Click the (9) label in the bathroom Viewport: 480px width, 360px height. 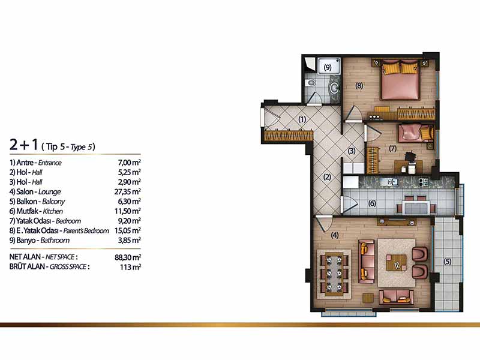[x=328, y=67]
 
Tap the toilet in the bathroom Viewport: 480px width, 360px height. [x=311, y=83]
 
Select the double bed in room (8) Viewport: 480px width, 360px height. [x=400, y=80]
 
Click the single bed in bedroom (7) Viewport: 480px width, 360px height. [x=416, y=133]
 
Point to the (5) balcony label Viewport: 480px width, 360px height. [x=448, y=262]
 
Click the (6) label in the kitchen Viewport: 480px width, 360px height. [x=372, y=203]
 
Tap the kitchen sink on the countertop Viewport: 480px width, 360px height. [x=389, y=182]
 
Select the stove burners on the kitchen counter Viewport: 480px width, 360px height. [x=424, y=182]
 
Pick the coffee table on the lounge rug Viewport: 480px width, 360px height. [x=396, y=262]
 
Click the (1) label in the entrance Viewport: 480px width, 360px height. [x=302, y=119]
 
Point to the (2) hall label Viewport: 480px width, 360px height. [x=327, y=177]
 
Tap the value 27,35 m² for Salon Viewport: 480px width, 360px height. [x=128, y=191]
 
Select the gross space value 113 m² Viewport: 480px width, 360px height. [x=130, y=267]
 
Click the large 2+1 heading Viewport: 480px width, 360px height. [x=23, y=145]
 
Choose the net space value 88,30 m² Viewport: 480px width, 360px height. [x=128, y=257]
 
